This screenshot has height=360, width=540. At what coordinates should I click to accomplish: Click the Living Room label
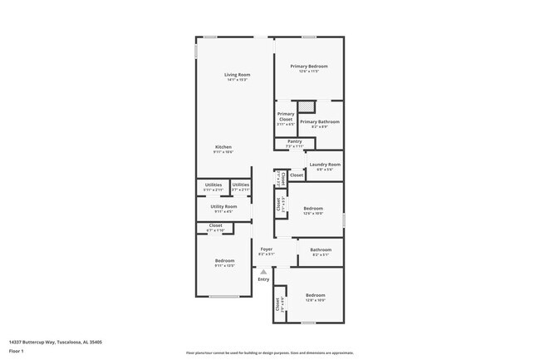click(x=237, y=76)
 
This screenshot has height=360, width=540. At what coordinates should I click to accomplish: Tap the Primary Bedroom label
click(x=308, y=67)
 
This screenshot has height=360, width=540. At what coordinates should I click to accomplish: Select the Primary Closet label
click(x=285, y=116)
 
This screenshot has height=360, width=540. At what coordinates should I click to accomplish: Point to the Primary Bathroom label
click(x=320, y=122)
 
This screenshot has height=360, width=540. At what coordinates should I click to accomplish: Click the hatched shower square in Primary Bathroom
click(x=307, y=106)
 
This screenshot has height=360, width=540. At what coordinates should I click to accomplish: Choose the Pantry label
click(x=294, y=142)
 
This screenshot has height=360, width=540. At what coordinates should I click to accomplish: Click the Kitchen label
click(x=223, y=148)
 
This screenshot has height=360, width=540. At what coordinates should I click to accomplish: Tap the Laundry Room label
click(x=325, y=165)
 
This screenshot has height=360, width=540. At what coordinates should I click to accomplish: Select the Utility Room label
click(x=223, y=207)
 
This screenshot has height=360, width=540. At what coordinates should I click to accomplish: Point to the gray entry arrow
click(x=263, y=271)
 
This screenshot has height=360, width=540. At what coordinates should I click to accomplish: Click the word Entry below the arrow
click(x=263, y=279)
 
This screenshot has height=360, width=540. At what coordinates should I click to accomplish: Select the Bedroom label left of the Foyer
click(x=223, y=262)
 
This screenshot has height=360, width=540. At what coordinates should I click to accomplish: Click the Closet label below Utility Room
click(x=215, y=226)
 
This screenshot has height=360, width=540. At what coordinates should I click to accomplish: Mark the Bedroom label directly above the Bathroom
click(x=313, y=209)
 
